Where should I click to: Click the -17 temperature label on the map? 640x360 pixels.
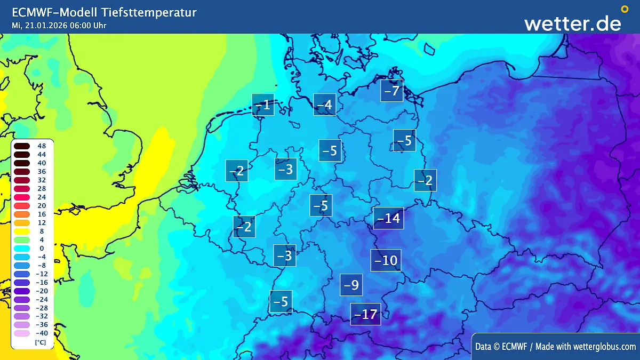365,314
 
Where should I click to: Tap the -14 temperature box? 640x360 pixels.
388,218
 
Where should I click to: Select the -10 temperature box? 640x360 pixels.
386,260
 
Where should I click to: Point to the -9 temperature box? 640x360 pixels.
351,285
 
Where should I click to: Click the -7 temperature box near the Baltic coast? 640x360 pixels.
391,91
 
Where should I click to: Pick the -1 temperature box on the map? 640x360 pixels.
263,105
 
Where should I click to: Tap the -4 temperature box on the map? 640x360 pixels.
324,105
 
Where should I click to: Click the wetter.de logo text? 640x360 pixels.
572,23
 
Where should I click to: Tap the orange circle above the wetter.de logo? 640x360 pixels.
625,9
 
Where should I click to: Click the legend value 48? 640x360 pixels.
42,146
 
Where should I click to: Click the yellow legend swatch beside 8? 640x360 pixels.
22,231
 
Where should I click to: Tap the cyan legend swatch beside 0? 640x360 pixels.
22,248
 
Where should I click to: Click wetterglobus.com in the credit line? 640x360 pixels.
605,347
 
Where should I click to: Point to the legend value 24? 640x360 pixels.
42,197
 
